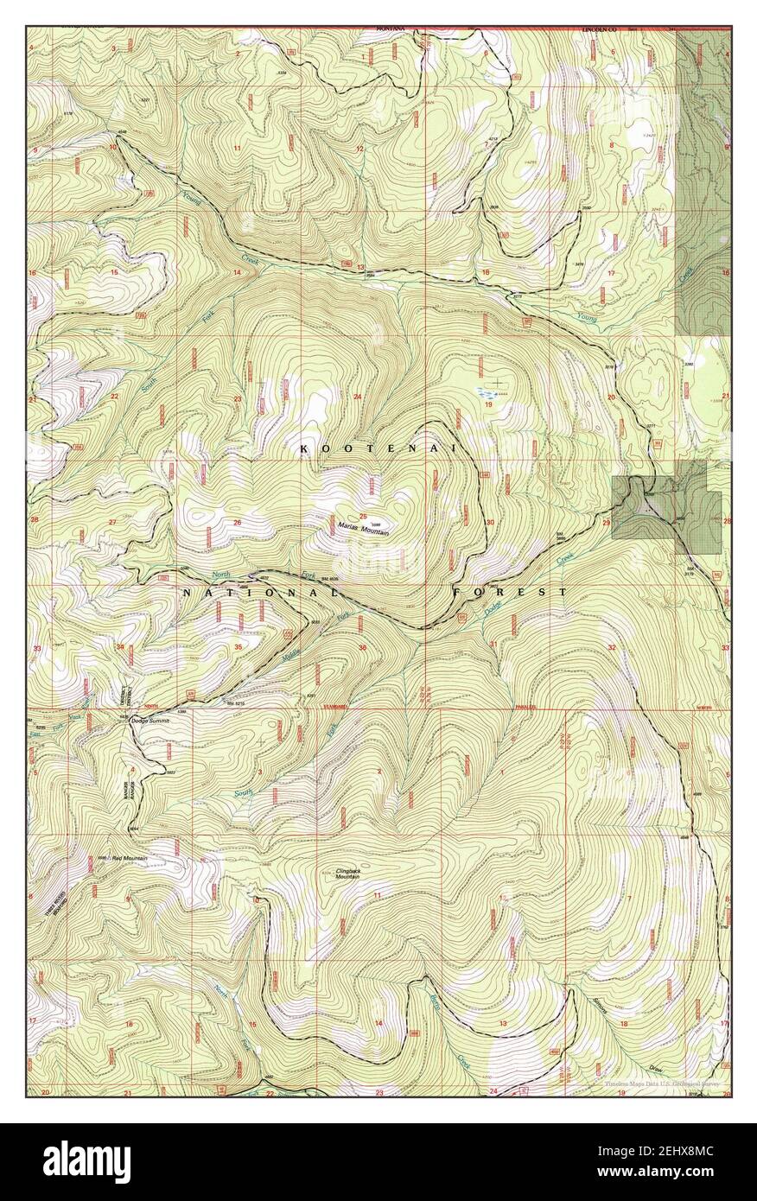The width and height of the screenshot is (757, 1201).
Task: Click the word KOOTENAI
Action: pos(378,448)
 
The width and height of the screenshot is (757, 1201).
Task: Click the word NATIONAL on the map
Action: pos(259,593)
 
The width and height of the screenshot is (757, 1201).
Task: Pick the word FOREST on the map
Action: pos(510,592)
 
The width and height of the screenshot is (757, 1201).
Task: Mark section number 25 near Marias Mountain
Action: pos(364,518)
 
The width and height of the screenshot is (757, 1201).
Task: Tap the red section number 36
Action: pos(362,648)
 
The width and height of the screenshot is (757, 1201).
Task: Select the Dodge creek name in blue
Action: pos(493,608)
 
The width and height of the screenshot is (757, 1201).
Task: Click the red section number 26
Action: pos(236,523)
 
